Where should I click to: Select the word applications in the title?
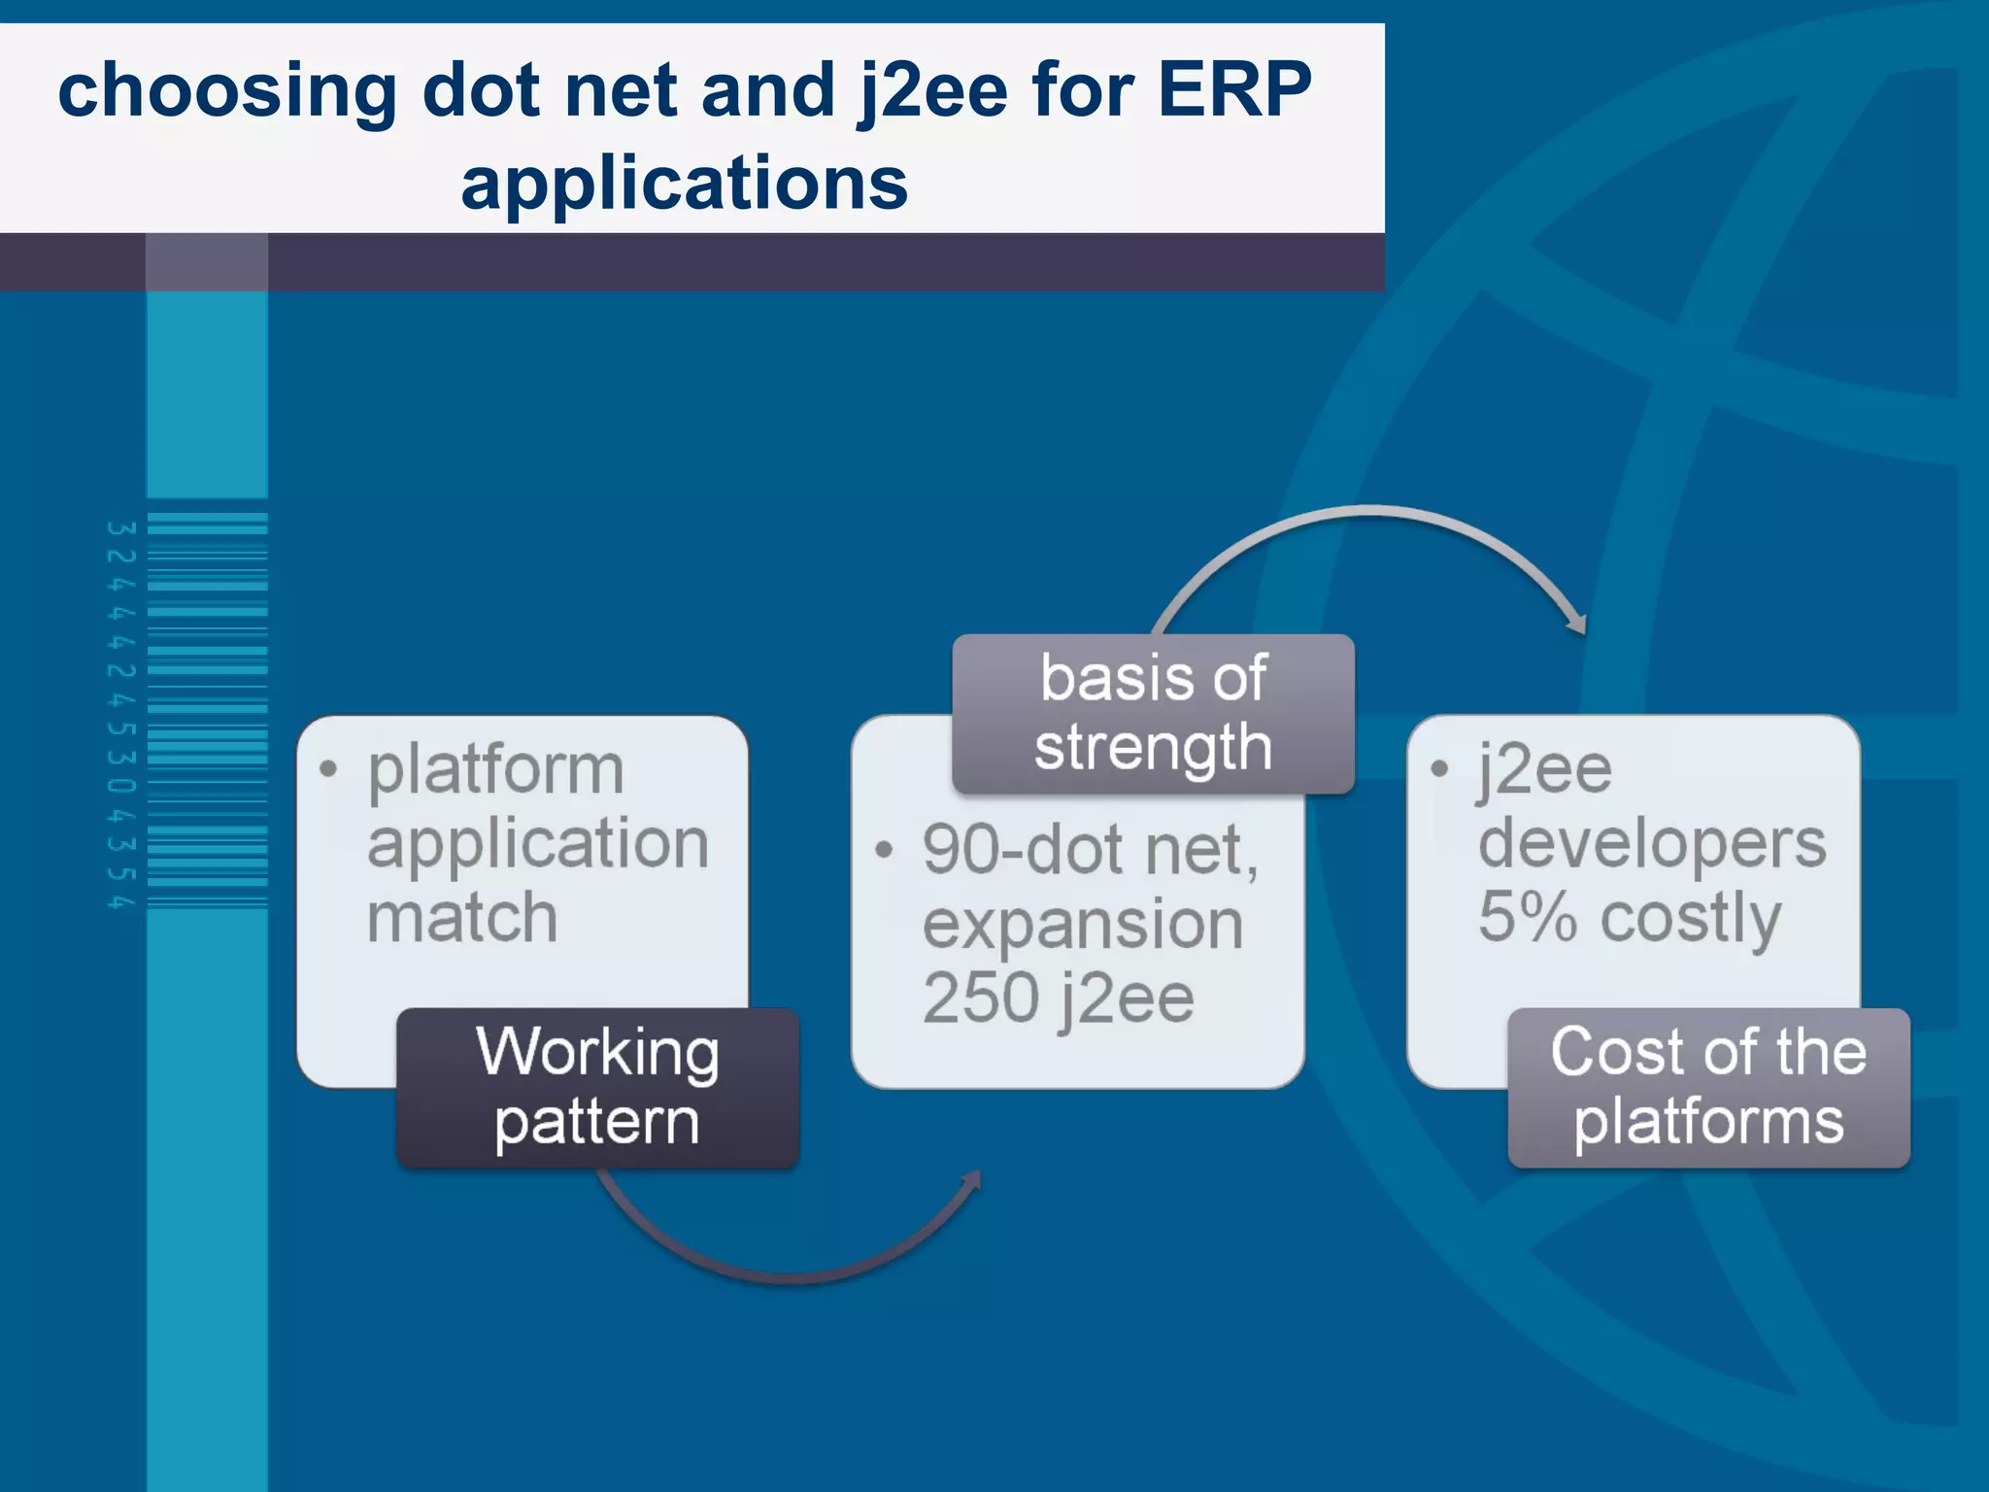pyautogui.click(x=684, y=184)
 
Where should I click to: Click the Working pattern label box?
pyautogui.click(x=597, y=1087)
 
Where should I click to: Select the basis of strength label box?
pyautogui.click(x=1153, y=714)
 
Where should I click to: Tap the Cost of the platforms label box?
pyautogui.click(x=1708, y=1087)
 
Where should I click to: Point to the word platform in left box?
pyautogui.click(x=495, y=770)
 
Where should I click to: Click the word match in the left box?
pyautogui.click(x=462, y=918)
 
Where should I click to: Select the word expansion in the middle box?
pyautogui.click(x=1082, y=925)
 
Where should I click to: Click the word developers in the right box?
pyautogui.click(x=1651, y=843)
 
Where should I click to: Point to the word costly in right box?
pyautogui.click(x=1690, y=918)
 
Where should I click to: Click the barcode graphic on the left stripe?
pyautogui.click(x=207, y=710)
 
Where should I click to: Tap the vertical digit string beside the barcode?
pyautogui.click(x=119, y=715)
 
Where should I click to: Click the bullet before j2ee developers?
pyautogui.click(x=1439, y=769)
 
